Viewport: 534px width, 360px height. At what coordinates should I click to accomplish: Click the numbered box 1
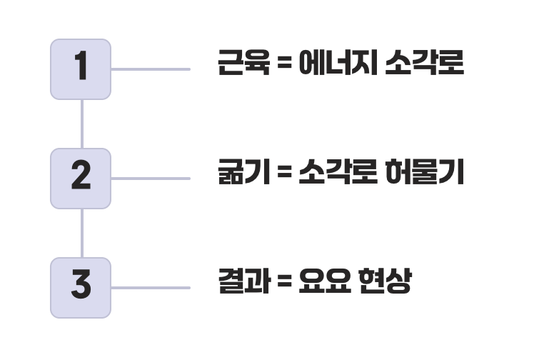[81, 69]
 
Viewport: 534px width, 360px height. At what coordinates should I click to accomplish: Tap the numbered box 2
[81, 178]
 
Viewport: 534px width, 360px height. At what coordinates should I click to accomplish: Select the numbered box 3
[81, 287]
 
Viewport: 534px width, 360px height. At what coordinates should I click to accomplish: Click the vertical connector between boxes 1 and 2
[82, 124]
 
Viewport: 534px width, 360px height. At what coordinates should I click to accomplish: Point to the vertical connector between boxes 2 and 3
[82, 233]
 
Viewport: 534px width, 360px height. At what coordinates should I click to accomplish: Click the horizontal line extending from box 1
[151, 69]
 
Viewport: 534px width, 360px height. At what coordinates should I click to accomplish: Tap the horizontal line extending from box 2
[151, 178]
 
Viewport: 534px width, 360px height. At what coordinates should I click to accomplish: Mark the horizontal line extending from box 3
[151, 288]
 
